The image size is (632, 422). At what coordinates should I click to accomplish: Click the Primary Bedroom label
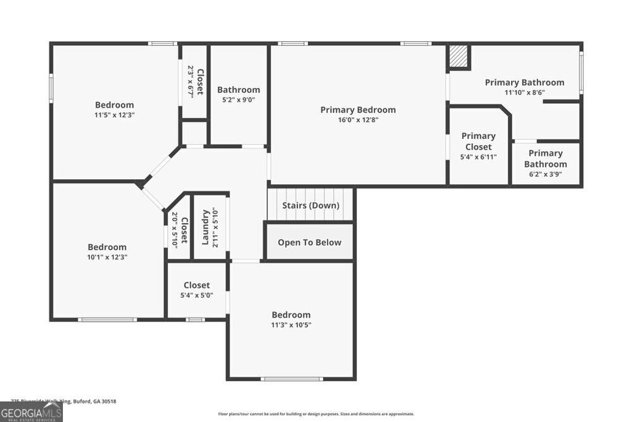coord(358,110)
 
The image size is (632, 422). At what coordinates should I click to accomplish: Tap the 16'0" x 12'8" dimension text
coord(358,120)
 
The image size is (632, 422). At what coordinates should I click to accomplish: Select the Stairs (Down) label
coord(310,206)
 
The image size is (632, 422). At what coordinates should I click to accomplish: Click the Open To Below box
coord(309,242)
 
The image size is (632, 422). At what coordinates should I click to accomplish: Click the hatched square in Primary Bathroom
coord(458,57)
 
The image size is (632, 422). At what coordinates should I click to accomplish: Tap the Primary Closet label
coord(478,141)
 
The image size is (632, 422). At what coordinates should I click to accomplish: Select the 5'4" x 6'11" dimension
coord(478,157)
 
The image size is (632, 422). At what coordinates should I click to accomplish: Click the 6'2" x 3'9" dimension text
coord(545,174)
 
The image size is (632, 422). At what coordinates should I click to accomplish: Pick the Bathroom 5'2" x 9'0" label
coord(238,90)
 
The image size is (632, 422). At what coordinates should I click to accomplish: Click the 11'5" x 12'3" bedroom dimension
coord(114,115)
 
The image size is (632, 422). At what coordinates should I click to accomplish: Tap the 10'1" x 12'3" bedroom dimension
coord(107,257)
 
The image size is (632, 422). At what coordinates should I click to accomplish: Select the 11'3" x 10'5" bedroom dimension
coord(291,325)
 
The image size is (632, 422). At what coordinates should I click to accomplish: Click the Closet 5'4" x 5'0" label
coord(196,285)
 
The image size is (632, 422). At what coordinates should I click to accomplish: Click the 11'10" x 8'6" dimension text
coord(524,93)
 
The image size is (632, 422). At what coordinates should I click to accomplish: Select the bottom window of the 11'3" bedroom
coord(291,379)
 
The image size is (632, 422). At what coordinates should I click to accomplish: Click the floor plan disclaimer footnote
coord(316,414)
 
